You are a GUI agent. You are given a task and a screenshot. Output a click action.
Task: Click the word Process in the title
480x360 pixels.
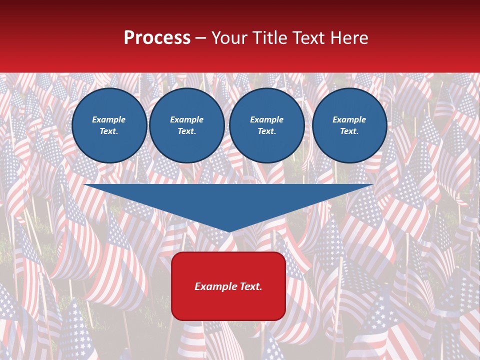coord(157,38)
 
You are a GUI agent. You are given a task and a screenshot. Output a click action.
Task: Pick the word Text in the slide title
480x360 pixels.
coord(308,38)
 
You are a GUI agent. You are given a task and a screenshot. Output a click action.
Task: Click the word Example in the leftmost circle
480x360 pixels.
coord(109,119)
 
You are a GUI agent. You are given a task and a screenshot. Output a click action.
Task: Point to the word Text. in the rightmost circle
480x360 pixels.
coord(349,131)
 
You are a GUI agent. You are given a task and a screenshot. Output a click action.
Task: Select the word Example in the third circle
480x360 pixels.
coord(266,119)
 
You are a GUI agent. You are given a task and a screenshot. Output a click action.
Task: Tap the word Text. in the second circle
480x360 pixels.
coord(186,131)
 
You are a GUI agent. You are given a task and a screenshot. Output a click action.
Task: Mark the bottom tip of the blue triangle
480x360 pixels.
coord(229,231)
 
